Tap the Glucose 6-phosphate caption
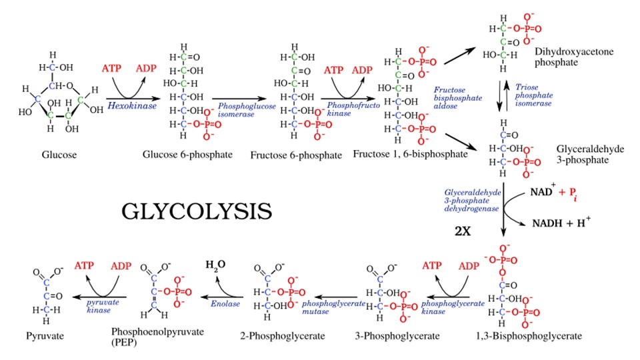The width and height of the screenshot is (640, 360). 187,155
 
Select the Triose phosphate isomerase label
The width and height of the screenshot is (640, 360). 533,95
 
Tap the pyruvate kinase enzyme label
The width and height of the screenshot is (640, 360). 99,307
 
